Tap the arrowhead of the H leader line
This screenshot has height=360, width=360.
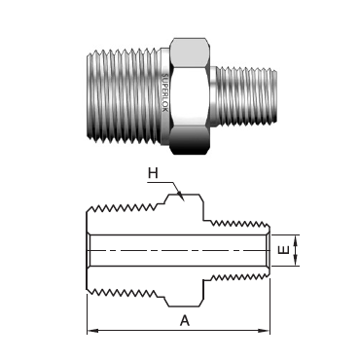pyautogui.click(x=182, y=198)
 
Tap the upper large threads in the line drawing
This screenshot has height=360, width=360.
pyautogui.click(x=126, y=208)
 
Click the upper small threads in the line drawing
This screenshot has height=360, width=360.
pyautogui.click(x=238, y=221)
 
